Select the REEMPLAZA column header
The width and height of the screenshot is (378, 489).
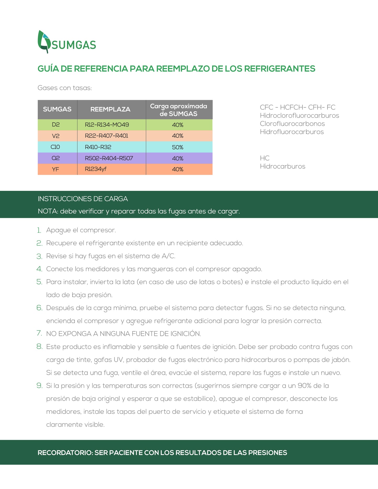(x=110, y=109)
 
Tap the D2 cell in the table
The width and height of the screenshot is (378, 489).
(x=56, y=125)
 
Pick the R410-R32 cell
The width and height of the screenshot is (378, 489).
(x=98, y=147)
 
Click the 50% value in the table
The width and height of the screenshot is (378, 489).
(x=178, y=147)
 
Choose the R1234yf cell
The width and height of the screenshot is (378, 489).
(x=96, y=169)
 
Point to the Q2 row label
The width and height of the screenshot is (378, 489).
(x=56, y=158)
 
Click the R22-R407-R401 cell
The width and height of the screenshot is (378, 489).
(x=106, y=136)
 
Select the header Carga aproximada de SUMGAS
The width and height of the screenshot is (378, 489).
(x=179, y=110)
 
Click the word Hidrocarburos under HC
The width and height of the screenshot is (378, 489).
(x=283, y=166)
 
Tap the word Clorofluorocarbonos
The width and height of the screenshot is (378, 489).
(x=292, y=124)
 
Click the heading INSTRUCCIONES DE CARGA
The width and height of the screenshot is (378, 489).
(x=83, y=199)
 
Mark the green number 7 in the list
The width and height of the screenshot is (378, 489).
(x=39, y=333)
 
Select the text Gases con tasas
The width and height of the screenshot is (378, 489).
(x=65, y=88)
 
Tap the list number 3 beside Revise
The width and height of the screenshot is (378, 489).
(x=40, y=256)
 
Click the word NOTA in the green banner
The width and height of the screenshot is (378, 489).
(x=48, y=211)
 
